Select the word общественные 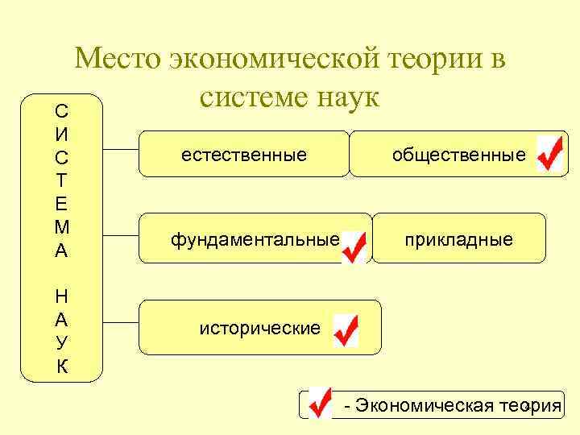(458, 155)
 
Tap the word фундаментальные (254, 239)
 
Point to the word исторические (260, 328)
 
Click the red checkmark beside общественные (549, 153)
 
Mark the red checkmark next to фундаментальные (354, 246)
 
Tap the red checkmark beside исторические (345, 331)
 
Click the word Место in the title (118, 60)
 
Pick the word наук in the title (347, 97)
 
